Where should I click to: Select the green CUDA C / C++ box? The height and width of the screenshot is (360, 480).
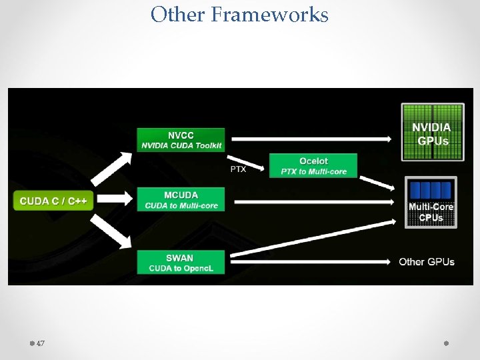[53, 201]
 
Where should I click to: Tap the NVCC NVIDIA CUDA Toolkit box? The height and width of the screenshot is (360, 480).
[181, 140]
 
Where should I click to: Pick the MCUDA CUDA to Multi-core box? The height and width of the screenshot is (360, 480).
[181, 199]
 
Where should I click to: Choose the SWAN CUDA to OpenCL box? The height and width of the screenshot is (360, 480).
[181, 262]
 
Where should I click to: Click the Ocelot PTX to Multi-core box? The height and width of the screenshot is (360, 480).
[313, 166]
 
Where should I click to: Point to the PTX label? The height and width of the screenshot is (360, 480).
[238, 169]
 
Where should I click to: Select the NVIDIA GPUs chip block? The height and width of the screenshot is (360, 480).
[432, 132]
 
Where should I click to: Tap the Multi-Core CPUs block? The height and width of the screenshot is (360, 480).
[431, 202]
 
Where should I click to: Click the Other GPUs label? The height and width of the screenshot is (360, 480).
[427, 261]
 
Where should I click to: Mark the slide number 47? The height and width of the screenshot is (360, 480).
[41, 343]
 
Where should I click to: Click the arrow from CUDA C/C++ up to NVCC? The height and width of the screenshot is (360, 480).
[111, 167]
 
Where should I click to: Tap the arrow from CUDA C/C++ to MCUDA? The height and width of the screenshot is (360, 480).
[115, 198]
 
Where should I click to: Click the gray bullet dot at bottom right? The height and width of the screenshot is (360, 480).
[446, 343]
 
